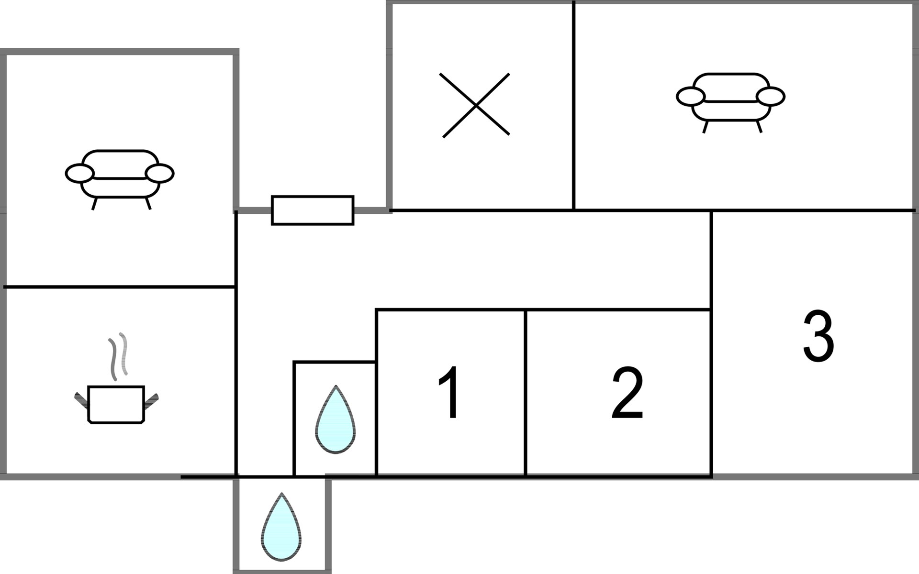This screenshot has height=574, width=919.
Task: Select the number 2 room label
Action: [x=628, y=393]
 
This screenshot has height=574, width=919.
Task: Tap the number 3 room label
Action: [x=818, y=336]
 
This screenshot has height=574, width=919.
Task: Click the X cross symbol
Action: [x=476, y=105]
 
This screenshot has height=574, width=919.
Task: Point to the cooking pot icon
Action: [x=116, y=405]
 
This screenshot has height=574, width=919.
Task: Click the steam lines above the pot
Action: [x=118, y=356]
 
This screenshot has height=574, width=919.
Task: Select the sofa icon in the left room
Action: [x=120, y=179]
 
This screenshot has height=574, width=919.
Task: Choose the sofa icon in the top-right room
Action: [x=730, y=102]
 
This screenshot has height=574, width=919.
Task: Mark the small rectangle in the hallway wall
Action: [x=313, y=210]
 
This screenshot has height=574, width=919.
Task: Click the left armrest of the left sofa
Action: [x=79, y=173]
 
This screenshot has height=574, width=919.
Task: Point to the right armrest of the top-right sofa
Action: [x=771, y=96]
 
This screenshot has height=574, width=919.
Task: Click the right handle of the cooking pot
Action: [x=151, y=401]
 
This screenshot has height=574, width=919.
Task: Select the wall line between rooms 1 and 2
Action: [x=526, y=393]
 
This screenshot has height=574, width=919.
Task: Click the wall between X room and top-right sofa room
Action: [x=573, y=105]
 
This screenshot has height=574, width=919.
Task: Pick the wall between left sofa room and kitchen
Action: [x=120, y=287]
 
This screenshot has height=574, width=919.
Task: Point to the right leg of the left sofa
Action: [x=148, y=203]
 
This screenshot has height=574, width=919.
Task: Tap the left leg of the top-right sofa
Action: [x=706, y=127]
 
